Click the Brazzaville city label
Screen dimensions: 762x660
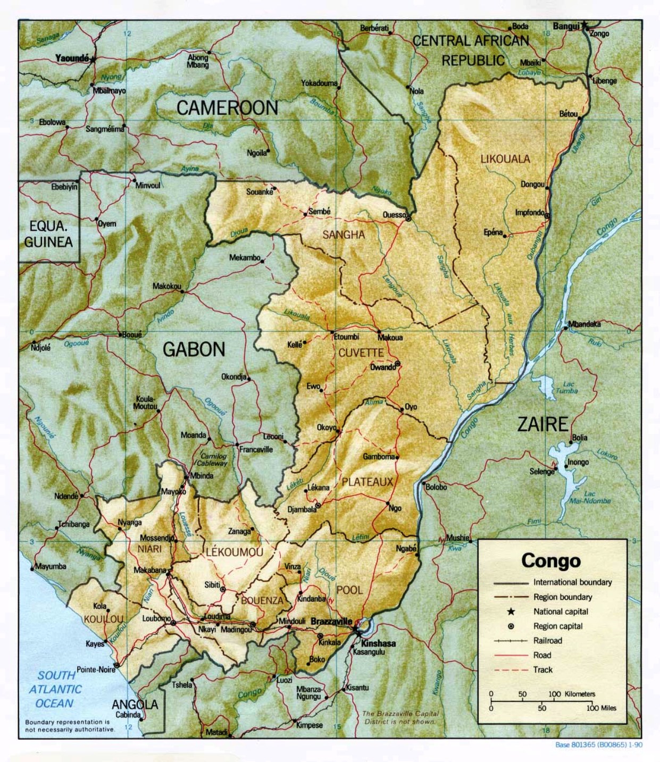click(x=331, y=621)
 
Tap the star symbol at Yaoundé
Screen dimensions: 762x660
click(x=93, y=59)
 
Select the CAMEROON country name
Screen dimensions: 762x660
click(x=227, y=108)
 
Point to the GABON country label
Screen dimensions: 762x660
click(x=194, y=349)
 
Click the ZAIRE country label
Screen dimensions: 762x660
click(x=542, y=424)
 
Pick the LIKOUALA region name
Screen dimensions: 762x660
click(x=505, y=158)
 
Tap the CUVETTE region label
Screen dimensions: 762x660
click(x=361, y=353)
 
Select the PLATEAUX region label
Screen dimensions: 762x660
click(x=367, y=482)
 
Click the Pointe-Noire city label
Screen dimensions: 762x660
click(x=96, y=669)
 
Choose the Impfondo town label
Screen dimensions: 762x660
click(x=530, y=213)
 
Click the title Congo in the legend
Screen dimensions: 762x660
click(x=551, y=560)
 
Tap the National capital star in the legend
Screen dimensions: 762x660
click(x=511, y=612)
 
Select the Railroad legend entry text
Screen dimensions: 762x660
click(x=548, y=641)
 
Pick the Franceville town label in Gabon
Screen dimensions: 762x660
click(x=256, y=449)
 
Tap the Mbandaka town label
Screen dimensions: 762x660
click(x=584, y=324)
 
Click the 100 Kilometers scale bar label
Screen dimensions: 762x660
click(x=572, y=694)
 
